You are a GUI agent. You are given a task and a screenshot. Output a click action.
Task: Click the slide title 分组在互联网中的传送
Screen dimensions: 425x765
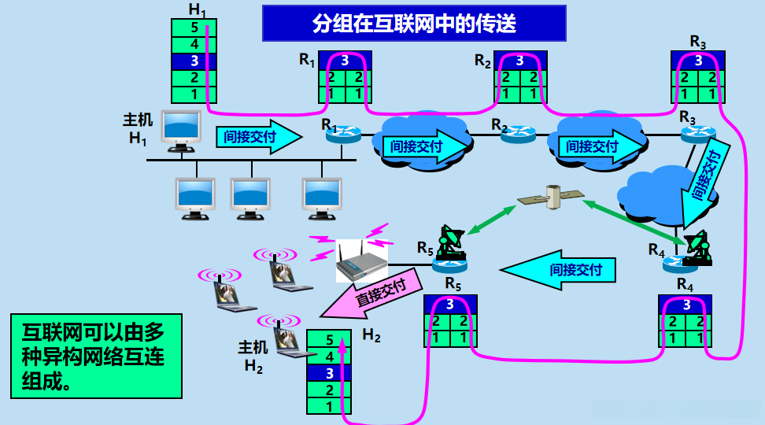[414, 23]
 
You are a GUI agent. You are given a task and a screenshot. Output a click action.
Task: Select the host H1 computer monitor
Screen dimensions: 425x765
[180, 129]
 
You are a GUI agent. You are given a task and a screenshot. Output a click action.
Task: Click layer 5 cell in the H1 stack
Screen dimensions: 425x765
[194, 28]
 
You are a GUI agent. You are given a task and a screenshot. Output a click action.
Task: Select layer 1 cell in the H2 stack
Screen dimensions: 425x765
[328, 406]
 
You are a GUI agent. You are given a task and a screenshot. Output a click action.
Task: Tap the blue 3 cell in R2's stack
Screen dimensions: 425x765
[519, 61]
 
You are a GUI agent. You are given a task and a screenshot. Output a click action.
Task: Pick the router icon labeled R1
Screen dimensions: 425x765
[344, 135]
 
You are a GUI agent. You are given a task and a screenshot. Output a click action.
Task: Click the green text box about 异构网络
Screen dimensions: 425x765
[95, 356]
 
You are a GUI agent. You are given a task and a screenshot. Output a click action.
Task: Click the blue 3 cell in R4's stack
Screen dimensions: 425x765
[686, 304]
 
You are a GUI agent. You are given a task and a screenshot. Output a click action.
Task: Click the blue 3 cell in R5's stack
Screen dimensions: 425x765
[450, 304]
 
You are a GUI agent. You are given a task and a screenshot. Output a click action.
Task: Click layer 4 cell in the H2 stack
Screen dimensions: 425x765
[328, 357]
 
